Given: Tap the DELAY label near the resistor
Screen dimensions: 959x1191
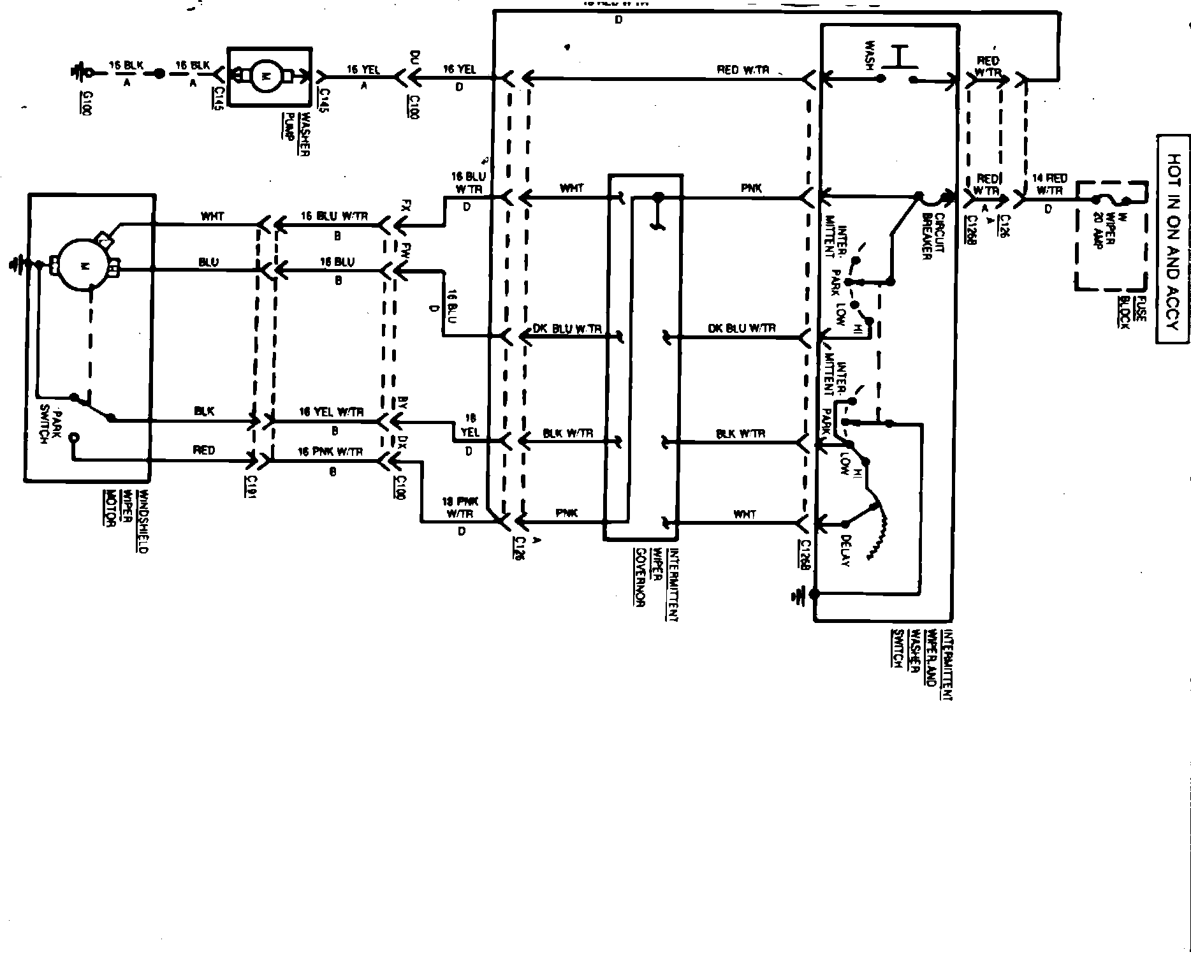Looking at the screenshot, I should pyautogui.click(x=845, y=550).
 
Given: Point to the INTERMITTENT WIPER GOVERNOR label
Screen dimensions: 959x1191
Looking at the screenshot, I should pyautogui.click(x=656, y=583).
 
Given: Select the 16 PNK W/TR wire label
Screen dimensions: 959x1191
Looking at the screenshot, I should pyautogui.click(x=332, y=451).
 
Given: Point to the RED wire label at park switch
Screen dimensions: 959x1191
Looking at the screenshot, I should pyautogui.click(x=204, y=450).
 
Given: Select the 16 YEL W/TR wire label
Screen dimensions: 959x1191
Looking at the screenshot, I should pyautogui.click(x=332, y=413).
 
